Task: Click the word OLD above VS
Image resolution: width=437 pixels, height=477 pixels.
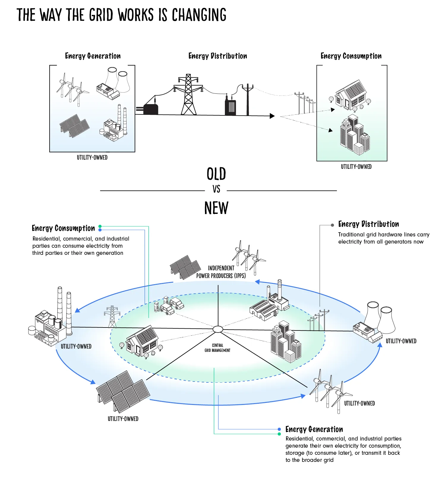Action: pos(216,174)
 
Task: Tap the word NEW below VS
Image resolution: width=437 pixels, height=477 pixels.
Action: pos(216,208)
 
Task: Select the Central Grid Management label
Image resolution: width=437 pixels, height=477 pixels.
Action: pos(217,348)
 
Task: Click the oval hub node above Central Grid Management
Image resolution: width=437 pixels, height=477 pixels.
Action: pos(218,329)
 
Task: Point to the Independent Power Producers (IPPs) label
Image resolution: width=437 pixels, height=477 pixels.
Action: pos(221,272)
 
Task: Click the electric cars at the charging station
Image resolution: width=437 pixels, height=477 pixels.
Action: pos(169,306)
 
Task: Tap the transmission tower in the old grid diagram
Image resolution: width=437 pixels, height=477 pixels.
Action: pos(188,94)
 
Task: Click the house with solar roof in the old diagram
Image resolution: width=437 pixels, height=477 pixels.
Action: pos(350,95)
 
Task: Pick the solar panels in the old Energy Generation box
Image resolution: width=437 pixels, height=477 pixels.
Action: pos(74,126)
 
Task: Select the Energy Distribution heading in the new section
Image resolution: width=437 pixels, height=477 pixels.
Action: pos(368,224)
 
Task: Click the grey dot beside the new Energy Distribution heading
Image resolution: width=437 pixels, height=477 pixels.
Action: pos(332,225)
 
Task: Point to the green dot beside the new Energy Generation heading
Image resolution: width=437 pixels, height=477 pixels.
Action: pos(279,434)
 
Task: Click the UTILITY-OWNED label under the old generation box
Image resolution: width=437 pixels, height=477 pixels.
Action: pos(92,158)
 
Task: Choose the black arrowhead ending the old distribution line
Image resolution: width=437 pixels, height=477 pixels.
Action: pos(272,116)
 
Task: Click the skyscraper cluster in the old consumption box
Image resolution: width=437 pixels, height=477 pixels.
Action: pos(355,135)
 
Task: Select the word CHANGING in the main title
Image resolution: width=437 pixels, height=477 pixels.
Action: pos(199,15)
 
